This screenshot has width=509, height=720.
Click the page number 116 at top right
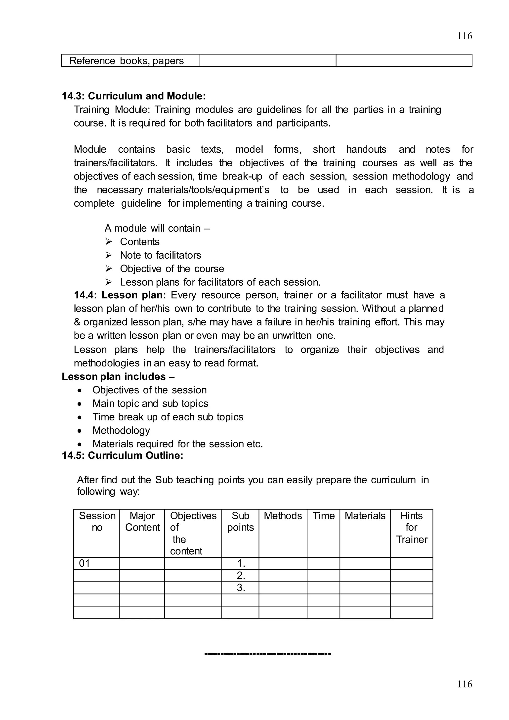pyautogui.click(x=465, y=36)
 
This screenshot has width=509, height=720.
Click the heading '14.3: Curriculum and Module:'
pyautogui.click(x=134, y=96)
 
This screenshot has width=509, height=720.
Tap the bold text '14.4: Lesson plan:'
pyautogui.click(x=120, y=295)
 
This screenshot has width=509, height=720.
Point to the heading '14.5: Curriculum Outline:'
pyautogui.click(x=122, y=455)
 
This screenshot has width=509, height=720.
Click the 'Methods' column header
pyautogui.click(x=283, y=516)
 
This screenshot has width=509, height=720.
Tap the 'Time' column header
pyautogui.click(x=323, y=516)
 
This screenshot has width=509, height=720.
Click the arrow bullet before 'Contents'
pyautogui.click(x=108, y=242)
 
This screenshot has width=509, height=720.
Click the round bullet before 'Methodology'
pyautogui.click(x=80, y=431)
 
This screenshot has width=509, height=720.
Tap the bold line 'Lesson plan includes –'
pyautogui.click(x=118, y=376)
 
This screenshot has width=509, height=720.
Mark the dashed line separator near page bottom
pyautogui.click(x=268, y=654)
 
